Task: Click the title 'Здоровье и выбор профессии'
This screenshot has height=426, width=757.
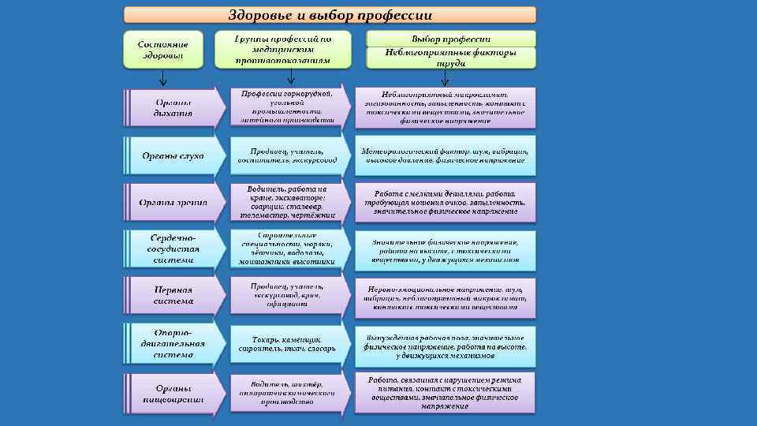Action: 330,15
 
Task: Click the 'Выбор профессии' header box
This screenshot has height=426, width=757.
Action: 450,39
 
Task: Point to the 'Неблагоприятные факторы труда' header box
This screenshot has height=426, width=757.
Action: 450,58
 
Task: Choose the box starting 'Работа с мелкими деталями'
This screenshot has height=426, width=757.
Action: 446,203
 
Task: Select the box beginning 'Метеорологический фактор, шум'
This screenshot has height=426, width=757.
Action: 446,155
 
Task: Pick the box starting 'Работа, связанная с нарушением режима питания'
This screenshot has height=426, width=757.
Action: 446,392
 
